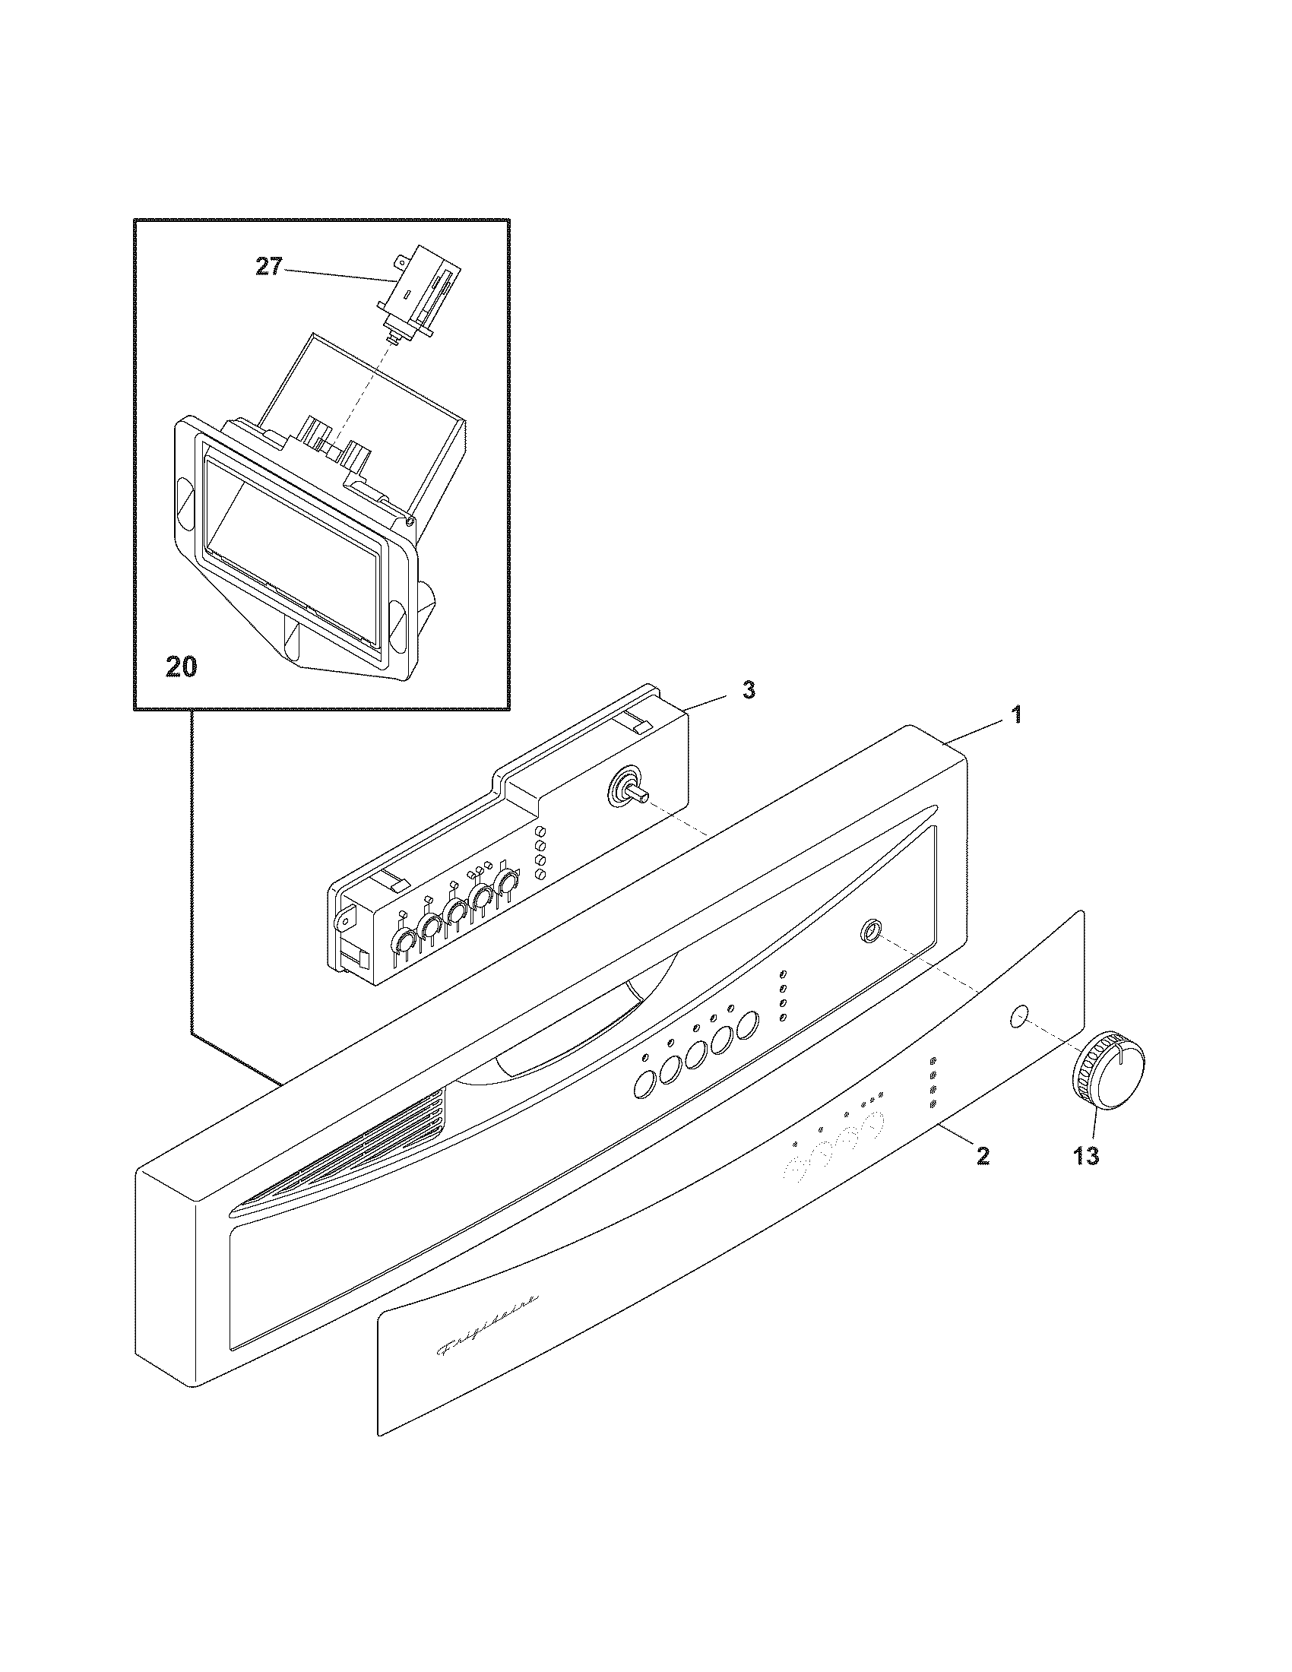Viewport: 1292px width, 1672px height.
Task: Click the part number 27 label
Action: pyautogui.click(x=268, y=269)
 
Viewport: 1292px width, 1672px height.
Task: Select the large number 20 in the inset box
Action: pyautogui.click(x=181, y=667)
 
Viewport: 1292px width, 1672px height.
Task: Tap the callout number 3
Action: pyautogui.click(x=749, y=690)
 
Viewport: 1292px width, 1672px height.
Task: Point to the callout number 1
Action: pyautogui.click(x=1016, y=715)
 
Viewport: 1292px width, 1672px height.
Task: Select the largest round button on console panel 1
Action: pyautogui.click(x=748, y=1024)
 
